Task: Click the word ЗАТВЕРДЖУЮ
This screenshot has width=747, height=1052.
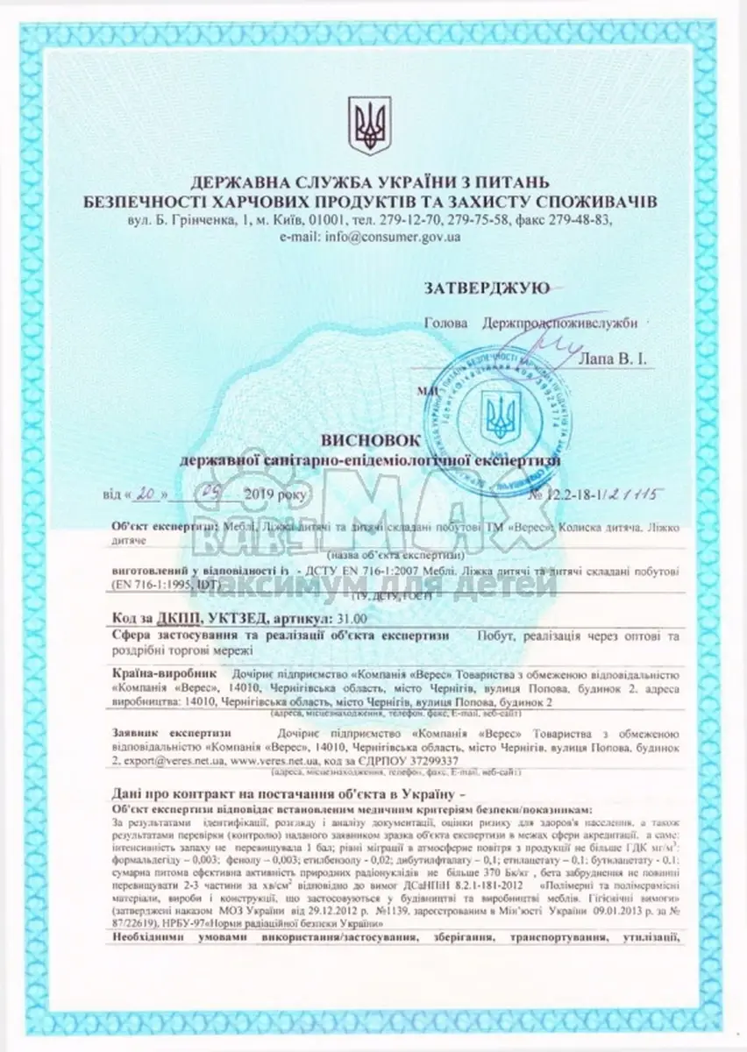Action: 487,287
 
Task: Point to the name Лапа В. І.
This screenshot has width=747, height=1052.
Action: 614,358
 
